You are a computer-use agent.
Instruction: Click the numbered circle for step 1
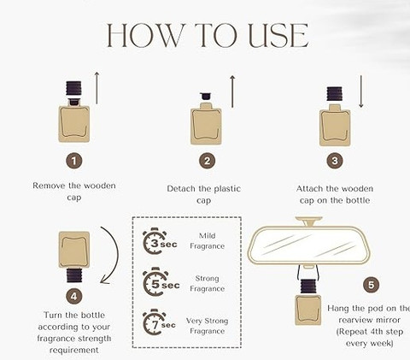[74, 162]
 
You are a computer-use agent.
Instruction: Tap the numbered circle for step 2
[207, 161]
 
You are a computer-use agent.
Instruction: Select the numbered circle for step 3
[335, 161]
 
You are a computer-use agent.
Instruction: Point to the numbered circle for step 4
[74, 297]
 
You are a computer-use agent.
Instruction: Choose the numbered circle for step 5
[372, 285]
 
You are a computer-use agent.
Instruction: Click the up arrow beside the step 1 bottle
[97, 88]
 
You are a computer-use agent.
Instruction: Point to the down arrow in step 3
[361, 91]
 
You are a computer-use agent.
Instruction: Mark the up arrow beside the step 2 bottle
[232, 91]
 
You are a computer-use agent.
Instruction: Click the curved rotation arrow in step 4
[117, 254]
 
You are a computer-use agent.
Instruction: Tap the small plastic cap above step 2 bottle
[205, 96]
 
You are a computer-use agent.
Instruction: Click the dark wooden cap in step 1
[73, 88]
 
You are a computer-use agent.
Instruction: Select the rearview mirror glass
[308, 245]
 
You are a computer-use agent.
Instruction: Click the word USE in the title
[278, 36]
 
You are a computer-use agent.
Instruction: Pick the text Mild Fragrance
[207, 241]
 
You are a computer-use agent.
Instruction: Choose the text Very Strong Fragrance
[207, 326]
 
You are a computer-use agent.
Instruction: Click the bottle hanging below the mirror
[308, 303]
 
